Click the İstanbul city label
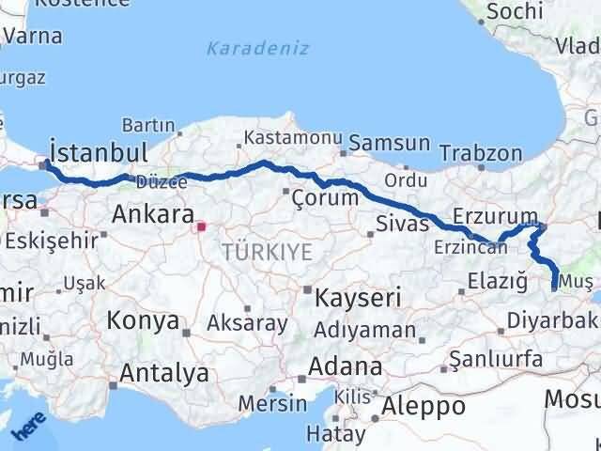pyautogui.click(x=99, y=153)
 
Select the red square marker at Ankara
pyautogui.click(x=200, y=225)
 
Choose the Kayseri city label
pyautogui.click(x=358, y=299)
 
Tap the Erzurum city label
pyautogui.click(x=495, y=216)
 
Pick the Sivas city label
pyautogui.click(x=402, y=224)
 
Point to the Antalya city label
pyautogui.click(x=163, y=373)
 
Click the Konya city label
pyautogui.click(x=143, y=320)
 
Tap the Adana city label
pyautogui.click(x=347, y=366)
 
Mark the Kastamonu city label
pyautogui.click(x=293, y=138)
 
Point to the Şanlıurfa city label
pyautogui.click(x=497, y=359)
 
